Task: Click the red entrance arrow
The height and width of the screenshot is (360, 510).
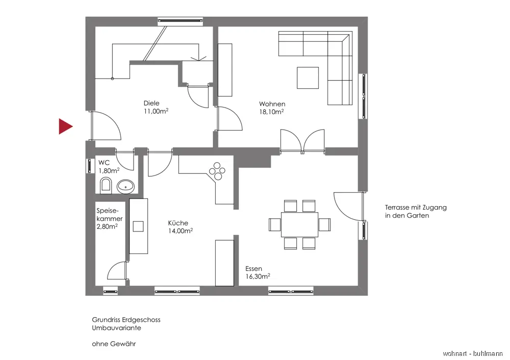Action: click(65, 126)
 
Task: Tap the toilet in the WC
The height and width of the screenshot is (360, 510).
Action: click(106, 186)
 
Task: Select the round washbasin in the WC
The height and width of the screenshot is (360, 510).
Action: click(125, 186)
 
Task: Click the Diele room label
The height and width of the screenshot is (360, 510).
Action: click(151, 104)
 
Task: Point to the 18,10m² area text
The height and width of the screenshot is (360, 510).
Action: click(272, 112)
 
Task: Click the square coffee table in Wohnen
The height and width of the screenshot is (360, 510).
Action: click(309, 78)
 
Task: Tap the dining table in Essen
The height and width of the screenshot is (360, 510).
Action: click(299, 224)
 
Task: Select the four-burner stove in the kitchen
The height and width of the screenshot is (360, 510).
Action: click(218, 171)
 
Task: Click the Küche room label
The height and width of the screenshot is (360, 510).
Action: click(178, 223)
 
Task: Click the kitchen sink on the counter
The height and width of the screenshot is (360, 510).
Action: click(138, 226)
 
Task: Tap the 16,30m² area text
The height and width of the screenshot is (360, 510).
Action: click(258, 276)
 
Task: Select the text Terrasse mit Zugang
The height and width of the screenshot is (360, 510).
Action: click(416, 208)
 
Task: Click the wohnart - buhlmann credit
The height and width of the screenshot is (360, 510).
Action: click(473, 353)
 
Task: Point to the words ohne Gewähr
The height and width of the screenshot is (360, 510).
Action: click(114, 344)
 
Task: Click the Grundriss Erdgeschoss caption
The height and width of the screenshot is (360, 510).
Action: click(126, 320)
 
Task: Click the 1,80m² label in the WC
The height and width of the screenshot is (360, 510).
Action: click(109, 170)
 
